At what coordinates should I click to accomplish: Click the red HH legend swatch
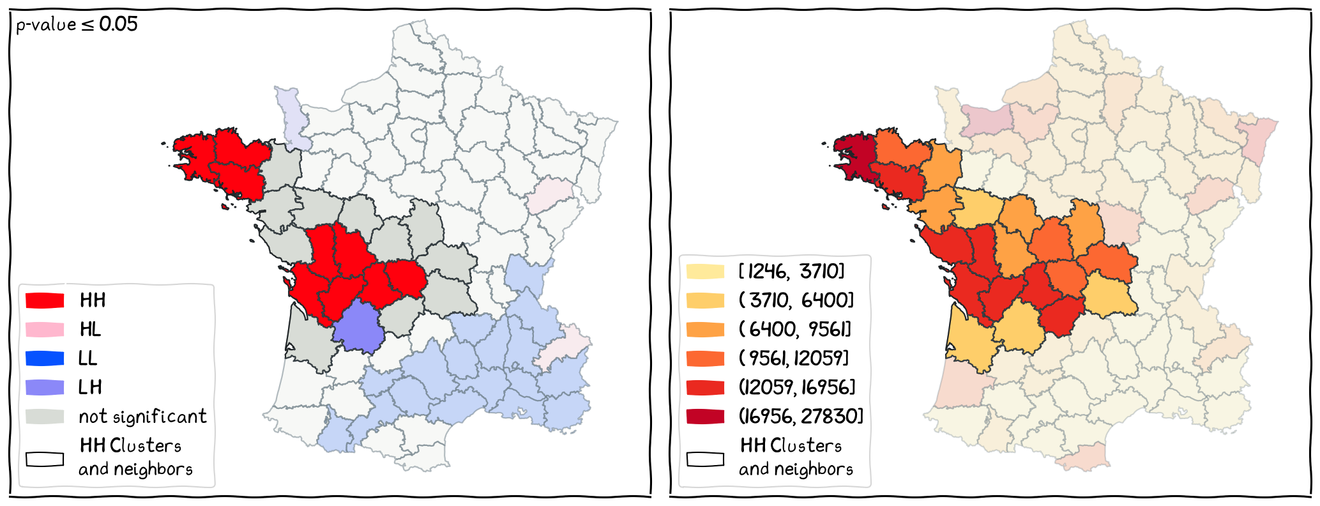[45, 300]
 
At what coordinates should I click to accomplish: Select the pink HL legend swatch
[45, 330]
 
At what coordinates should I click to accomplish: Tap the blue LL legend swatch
[45, 358]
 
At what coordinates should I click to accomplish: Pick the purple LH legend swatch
[45, 387]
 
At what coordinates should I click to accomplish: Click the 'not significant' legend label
[142, 417]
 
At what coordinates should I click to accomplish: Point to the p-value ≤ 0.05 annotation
[77, 25]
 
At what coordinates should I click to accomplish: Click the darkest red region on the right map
[853, 157]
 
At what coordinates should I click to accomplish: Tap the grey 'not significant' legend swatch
[45, 417]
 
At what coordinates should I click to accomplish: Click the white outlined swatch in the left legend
[45, 459]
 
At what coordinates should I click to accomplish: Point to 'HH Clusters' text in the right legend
[791, 445]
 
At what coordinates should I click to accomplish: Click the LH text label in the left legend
[90, 387]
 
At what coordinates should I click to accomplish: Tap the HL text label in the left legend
[90, 330]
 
